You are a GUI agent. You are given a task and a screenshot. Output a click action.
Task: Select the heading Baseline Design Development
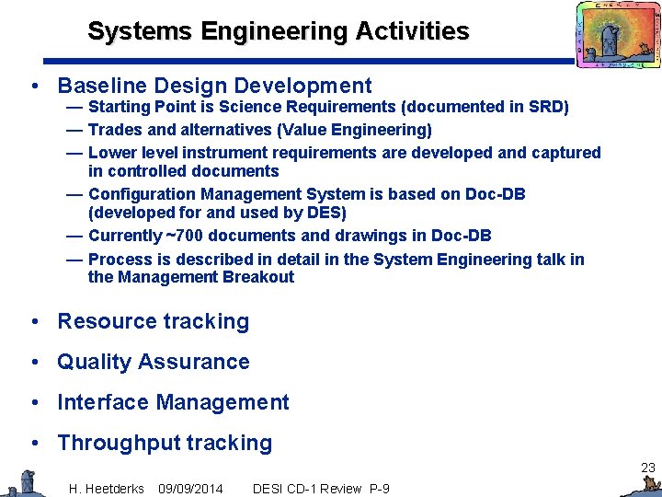214,87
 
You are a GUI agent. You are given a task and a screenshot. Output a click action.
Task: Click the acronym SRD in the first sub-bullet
548,108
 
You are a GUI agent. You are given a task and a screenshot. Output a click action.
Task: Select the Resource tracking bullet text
153,321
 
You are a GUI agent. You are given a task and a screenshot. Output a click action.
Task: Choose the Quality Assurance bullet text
153,362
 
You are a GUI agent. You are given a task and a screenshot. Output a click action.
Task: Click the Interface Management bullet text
173,402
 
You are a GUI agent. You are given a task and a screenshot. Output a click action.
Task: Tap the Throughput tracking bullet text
165,443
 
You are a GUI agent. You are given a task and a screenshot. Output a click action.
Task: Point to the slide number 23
647,468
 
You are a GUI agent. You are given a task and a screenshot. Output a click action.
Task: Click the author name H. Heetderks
106,488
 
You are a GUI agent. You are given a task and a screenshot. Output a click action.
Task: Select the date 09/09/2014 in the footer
190,488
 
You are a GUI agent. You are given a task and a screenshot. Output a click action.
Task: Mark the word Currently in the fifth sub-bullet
125,236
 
